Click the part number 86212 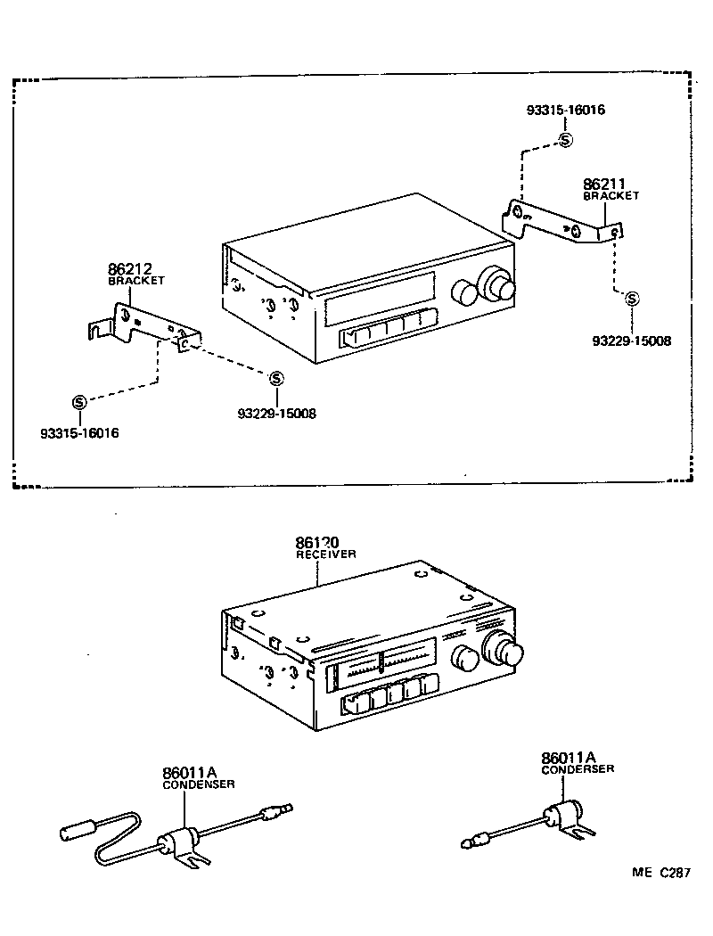coord(130,267)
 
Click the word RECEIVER coord(326,554)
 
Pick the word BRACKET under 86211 coord(611,196)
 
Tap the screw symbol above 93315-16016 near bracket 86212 coord(78,401)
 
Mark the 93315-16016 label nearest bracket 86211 coord(565,111)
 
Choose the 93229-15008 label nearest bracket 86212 coord(276,414)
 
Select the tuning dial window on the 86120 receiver coord(382,664)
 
